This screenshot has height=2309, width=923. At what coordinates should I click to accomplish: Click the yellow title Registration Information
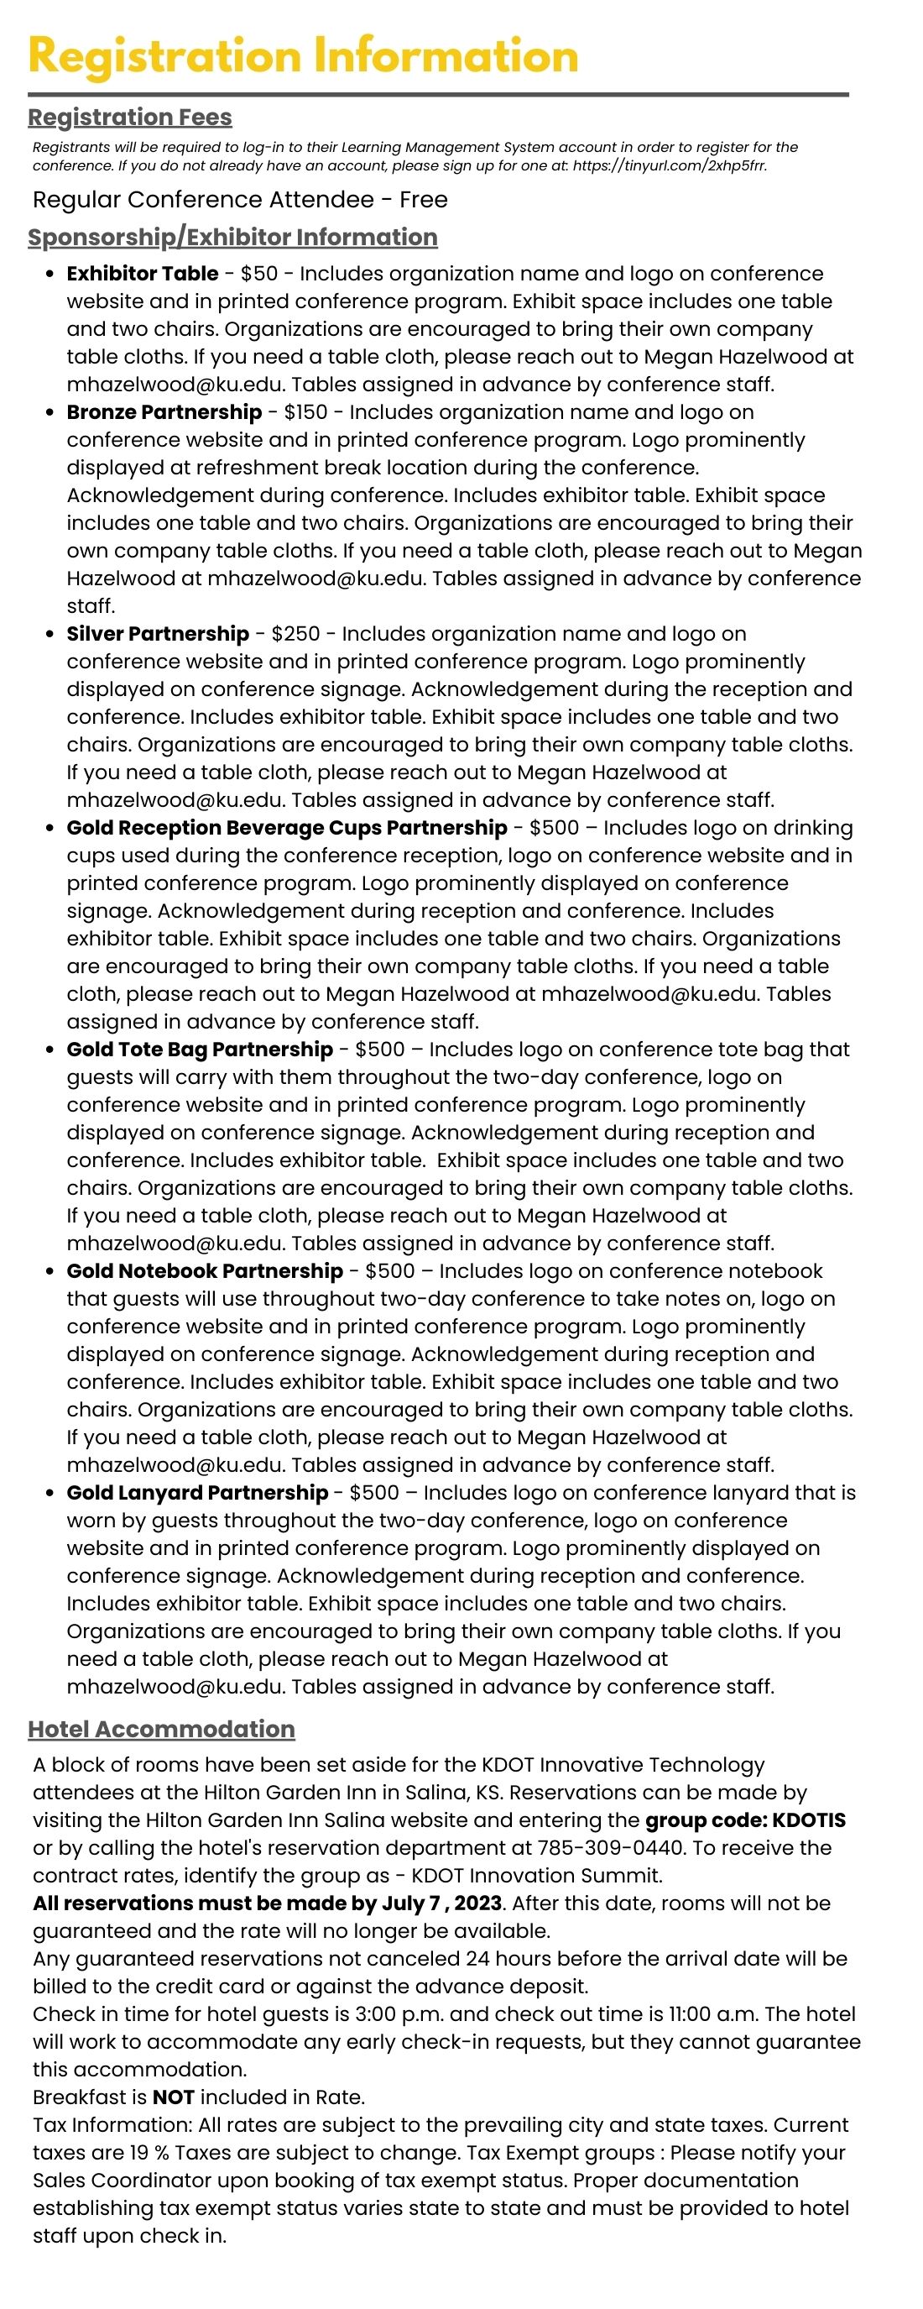tap(303, 56)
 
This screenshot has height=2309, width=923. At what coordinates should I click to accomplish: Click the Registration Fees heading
tap(130, 118)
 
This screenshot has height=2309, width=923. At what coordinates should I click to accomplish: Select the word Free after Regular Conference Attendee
tap(423, 200)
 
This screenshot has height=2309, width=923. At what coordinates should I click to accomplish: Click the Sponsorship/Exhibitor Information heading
tap(232, 238)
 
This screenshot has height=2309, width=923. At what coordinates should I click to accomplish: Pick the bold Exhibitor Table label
tap(143, 275)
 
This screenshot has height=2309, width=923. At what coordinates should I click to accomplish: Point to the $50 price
tap(260, 275)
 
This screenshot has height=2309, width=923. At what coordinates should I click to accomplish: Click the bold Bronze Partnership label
tap(164, 412)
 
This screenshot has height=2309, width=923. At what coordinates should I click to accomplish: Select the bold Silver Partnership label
tap(158, 634)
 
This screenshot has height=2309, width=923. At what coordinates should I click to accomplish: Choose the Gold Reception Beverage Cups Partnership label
tap(287, 828)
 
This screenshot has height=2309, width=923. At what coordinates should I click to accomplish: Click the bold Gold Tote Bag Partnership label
tap(200, 1050)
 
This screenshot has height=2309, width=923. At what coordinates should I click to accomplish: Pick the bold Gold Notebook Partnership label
tap(204, 1271)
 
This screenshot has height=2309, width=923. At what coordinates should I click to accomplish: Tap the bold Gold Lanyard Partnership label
tap(197, 1492)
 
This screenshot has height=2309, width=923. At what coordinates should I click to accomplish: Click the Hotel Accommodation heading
tap(161, 1730)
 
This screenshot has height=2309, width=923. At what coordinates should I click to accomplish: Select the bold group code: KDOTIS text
tap(746, 1820)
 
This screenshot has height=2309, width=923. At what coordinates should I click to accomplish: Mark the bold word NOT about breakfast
tap(173, 2097)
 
